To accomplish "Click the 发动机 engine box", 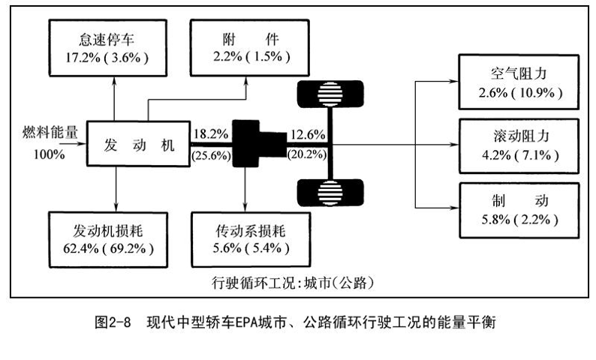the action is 138,143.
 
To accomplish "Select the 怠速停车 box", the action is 108,48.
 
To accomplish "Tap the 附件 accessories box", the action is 250,48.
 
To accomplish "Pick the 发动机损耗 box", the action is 108,240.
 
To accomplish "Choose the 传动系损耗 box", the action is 251,240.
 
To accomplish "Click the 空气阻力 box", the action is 519,82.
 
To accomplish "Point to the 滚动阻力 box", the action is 519,146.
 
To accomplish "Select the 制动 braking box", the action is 519,211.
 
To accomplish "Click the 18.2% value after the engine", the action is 211,133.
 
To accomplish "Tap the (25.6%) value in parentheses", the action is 212,155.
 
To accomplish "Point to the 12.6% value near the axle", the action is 308,134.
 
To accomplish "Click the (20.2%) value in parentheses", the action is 307,154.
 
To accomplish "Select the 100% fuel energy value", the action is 49,154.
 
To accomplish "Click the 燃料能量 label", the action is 50,132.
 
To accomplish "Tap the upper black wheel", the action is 330,94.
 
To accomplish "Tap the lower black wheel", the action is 330,193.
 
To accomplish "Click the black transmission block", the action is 259,143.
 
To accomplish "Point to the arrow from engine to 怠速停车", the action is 114,99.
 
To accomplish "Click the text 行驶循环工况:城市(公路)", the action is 293,283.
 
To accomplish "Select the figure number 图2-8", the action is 113,322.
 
